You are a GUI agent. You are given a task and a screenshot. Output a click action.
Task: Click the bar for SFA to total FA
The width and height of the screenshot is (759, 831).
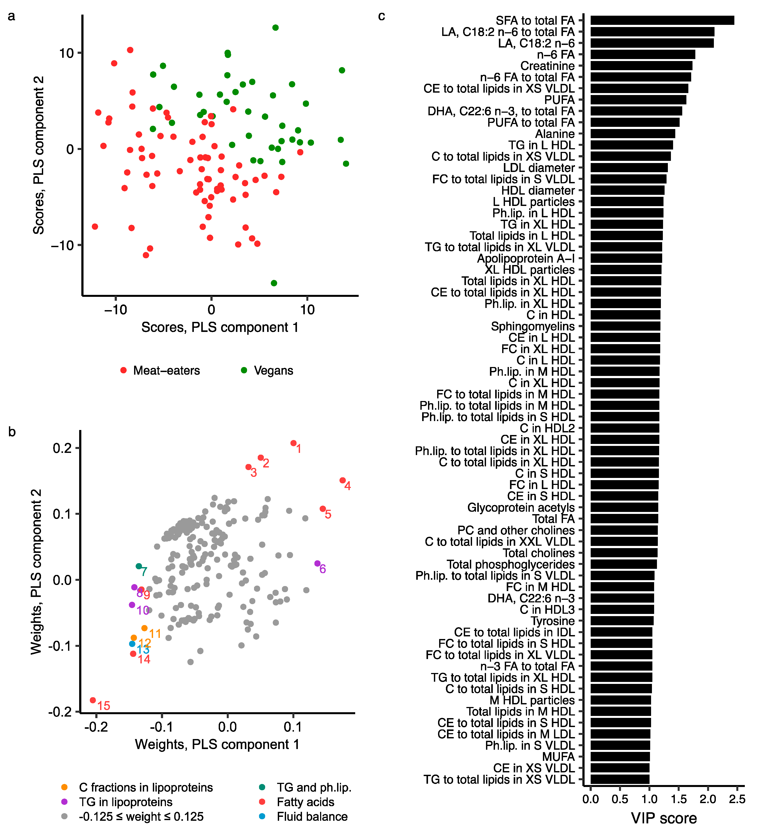click(x=662, y=20)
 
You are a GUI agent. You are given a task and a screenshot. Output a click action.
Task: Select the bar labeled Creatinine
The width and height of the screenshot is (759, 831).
click(x=641, y=66)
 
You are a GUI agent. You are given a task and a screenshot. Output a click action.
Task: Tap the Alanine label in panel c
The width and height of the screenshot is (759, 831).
click(x=555, y=134)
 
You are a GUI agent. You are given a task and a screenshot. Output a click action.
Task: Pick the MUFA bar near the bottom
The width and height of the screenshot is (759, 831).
click(x=620, y=756)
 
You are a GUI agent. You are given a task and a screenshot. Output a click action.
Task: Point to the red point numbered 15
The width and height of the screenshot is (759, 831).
click(x=93, y=700)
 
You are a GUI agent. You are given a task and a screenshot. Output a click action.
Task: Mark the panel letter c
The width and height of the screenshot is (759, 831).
click(x=382, y=16)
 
